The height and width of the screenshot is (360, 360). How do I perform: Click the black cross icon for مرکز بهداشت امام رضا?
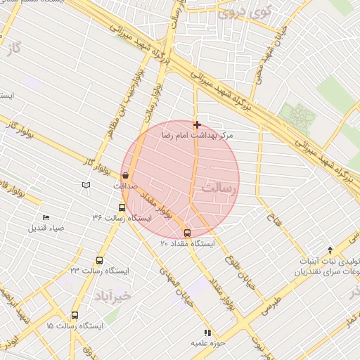click(197, 124)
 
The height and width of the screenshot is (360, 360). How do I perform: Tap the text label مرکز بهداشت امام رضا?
click(197, 134)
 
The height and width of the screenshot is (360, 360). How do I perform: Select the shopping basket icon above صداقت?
click(126, 176)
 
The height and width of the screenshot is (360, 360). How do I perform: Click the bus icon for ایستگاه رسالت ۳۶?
click(122, 207)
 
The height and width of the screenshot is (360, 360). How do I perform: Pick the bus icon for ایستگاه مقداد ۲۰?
click(187, 233)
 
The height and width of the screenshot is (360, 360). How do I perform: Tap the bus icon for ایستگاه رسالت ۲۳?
click(98, 260)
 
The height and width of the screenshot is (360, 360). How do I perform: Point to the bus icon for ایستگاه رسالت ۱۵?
click(75, 316)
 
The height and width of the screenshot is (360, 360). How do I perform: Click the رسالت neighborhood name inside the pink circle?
click(218, 188)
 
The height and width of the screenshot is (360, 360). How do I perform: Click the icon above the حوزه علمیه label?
click(207, 333)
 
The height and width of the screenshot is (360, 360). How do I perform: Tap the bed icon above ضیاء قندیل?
click(46, 218)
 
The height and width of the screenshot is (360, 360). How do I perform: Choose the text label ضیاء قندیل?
click(46, 228)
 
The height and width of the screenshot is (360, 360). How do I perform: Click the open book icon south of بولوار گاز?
click(86, 185)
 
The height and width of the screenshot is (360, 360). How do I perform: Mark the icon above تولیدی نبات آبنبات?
click(330, 250)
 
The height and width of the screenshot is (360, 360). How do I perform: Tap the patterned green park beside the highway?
click(298, 114)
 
